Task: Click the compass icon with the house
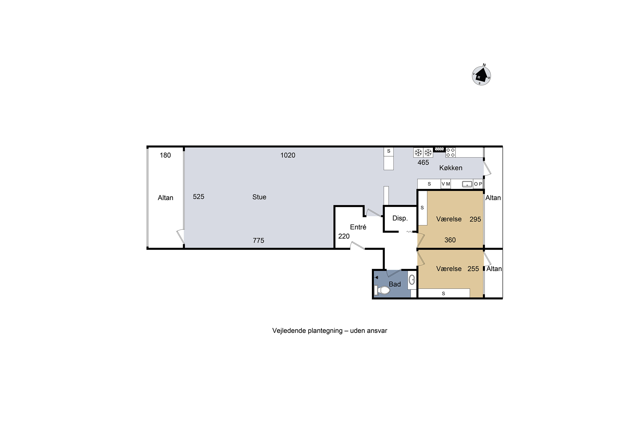(481, 76)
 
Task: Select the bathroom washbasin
(412, 280)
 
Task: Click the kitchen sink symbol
(467, 184)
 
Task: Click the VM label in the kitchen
(446, 184)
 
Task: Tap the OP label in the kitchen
(478, 184)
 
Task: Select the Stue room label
(259, 197)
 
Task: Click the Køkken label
(451, 168)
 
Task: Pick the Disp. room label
(400, 218)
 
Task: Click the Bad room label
(395, 284)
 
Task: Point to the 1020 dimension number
(288, 155)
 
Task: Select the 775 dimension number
(259, 240)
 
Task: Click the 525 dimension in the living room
(198, 197)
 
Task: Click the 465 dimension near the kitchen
(423, 163)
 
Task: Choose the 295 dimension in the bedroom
(475, 219)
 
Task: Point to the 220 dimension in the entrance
(344, 236)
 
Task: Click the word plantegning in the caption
(325, 331)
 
